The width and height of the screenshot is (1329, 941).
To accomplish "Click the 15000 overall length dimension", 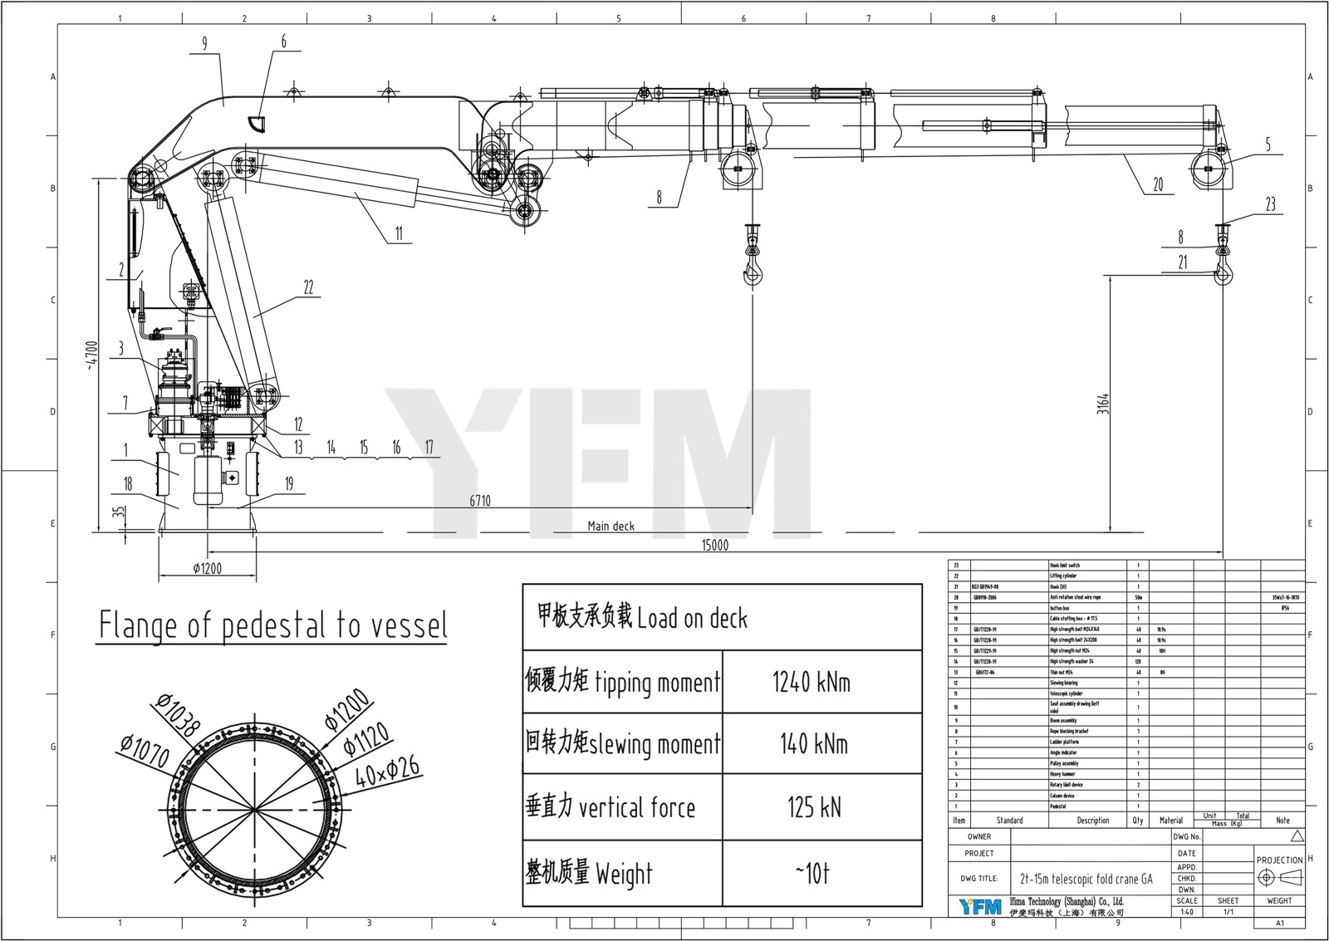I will point(714,545).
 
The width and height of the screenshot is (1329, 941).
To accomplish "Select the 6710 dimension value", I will point(480,501).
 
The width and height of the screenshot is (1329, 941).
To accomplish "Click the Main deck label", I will point(611,526).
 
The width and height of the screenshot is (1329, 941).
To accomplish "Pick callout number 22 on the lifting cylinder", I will point(308,287).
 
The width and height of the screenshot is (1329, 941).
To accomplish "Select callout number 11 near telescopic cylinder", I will point(399,233).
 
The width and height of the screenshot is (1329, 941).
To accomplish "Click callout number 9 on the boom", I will point(204,43).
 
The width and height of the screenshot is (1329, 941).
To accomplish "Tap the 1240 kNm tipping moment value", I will point(811,683).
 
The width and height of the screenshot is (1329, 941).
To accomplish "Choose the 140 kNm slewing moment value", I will point(813,743).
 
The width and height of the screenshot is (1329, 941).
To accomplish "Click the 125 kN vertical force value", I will point(814,806).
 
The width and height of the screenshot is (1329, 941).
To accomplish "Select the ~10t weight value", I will point(812,874).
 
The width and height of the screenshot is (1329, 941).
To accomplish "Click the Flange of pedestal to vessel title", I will point(273,625).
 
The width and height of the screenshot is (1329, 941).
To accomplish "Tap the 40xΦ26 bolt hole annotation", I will point(388,772).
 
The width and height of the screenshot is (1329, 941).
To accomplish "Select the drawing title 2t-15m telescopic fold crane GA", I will point(1086,878).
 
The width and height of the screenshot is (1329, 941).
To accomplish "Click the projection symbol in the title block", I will point(1279,878).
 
